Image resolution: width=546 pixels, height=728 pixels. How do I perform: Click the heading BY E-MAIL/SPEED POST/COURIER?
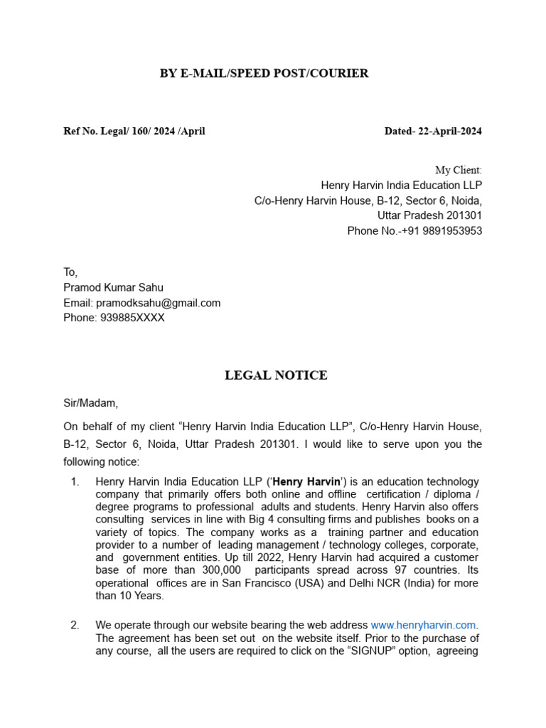coord(264,73)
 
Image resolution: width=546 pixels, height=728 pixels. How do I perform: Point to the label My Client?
coord(458,171)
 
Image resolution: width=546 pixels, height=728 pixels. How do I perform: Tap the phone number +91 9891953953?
coord(441,231)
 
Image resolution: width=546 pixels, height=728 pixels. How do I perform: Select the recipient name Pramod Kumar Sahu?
coord(113,287)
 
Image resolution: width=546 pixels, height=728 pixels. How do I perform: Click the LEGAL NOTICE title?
coord(276,375)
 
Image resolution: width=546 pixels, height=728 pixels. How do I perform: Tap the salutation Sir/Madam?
coord(91,403)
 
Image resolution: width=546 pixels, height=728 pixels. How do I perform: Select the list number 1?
coord(75,482)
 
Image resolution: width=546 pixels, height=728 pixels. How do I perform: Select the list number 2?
coord(75,625)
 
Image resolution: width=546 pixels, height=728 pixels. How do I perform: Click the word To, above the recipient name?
coord(70,272)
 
